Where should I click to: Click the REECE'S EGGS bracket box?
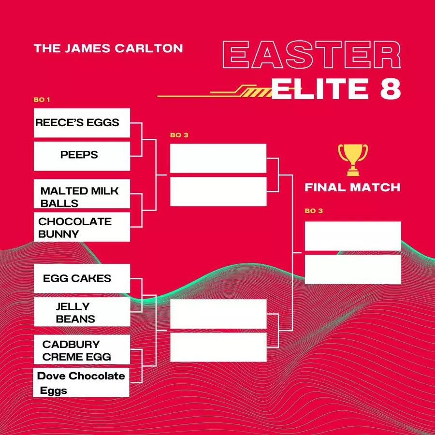coord(82,123)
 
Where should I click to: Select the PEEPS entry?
coord(82,156)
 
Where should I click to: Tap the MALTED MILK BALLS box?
coord(82,194)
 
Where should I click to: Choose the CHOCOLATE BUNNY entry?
coord(82,227)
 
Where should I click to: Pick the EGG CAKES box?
coord(82,278)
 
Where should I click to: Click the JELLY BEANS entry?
coord(82,312)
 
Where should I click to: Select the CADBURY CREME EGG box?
coord(82,349)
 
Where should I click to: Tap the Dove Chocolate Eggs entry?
coord(81,383)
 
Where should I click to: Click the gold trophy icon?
coord(353,160)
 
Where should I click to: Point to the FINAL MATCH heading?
coord(353,188)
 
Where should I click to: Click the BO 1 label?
coord(42,100)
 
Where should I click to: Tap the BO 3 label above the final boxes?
coord(314,211)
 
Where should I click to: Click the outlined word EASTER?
coord(312,55)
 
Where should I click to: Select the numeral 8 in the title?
coord(391,88)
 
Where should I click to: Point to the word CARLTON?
coord(149,48)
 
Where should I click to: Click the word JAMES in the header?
coord(87,48)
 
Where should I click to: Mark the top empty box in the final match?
coord(353,236)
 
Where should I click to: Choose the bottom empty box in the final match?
coord(353,269)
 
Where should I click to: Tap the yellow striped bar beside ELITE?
coord(256,93)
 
